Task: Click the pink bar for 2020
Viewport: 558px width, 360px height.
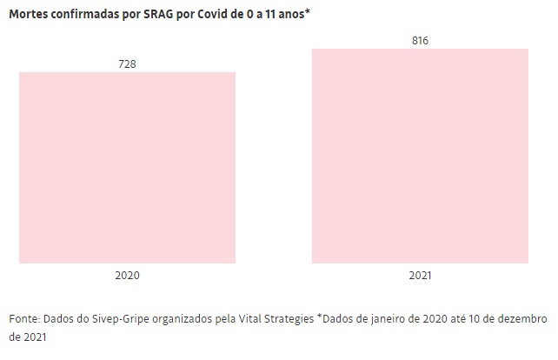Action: [127, 167]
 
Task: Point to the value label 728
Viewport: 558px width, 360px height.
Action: [127, 64]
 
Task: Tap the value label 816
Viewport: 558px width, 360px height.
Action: [420, 41]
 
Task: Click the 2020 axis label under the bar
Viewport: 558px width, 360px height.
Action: [127, 276]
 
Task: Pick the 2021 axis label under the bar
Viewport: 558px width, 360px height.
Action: [420, 276]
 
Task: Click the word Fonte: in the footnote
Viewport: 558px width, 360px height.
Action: [25, 319]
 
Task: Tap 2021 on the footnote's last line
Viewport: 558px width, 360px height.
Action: [21, 337]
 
